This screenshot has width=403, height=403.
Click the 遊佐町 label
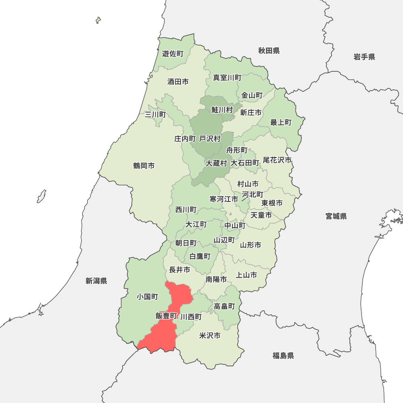click(172, 54)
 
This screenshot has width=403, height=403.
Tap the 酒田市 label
click(178, 82)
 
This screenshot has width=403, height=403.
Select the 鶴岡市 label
click(144, 166)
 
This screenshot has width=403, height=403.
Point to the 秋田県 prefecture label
click(269, 51)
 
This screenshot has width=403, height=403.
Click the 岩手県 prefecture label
click(364, 57)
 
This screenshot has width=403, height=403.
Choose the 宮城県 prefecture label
click(336, 216)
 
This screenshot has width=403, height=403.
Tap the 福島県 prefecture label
click(283, 355)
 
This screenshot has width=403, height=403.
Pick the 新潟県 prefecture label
click(96, 281)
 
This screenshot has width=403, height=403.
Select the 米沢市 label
click(210, 336)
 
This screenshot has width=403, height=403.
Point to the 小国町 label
click(147, 297)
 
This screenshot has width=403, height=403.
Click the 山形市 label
click(250, 245)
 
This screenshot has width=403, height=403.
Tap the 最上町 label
click(281, 123)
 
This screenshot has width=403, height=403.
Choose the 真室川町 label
click(227, 78)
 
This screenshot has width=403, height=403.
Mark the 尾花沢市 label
click(277, 160)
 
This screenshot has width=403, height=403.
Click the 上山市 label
click(246, 275)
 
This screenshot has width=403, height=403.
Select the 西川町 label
click(186, 210)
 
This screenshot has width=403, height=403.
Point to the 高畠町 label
click(224, 306)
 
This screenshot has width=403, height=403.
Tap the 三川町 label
click(155, 115)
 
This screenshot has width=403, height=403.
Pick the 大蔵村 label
click(216, 163)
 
